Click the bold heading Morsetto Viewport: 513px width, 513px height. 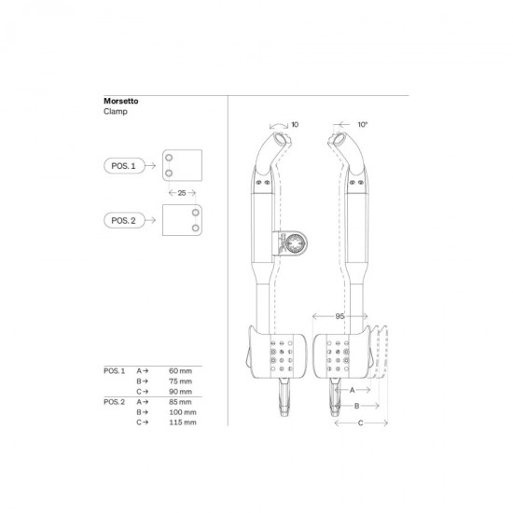tap(120, 101)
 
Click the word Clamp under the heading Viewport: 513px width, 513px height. tap(115, 111)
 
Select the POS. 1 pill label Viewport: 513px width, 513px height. tap(124, 166)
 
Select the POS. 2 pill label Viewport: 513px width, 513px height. tap(124, 220)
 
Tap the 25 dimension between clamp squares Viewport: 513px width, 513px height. tap(182, 193)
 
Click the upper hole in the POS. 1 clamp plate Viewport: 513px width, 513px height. tap(169, 158)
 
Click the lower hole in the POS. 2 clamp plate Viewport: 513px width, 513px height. tap(195, 228)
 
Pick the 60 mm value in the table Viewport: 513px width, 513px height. tap(180, 371)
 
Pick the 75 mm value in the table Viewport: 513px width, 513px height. tap(180, 381)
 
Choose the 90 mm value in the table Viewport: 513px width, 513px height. tap(180, 392)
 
